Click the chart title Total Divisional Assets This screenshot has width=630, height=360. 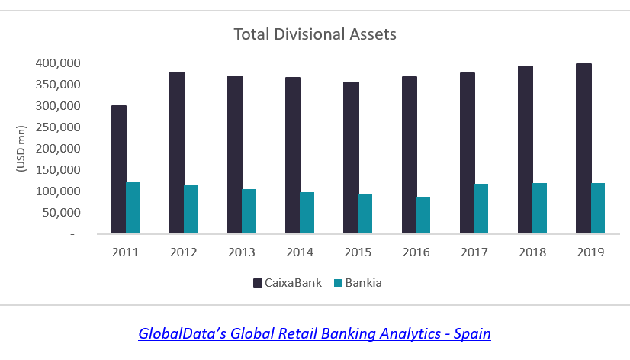314,34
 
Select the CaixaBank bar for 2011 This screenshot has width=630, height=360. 118,169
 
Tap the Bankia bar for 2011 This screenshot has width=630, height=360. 133,207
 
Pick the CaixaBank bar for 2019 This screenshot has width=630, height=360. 583,149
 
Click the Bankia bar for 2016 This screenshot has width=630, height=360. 423,215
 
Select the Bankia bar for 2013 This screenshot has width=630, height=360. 249,211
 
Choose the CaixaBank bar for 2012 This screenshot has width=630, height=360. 176,153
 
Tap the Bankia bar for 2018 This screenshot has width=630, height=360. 540,208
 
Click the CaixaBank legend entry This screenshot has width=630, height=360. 287,283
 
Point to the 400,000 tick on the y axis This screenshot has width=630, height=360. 56,63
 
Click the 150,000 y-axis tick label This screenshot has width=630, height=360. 56,170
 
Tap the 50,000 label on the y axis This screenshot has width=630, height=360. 60,213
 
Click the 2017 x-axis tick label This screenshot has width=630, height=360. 474,252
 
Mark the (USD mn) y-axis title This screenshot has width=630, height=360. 21,148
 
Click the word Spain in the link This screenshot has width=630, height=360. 472,333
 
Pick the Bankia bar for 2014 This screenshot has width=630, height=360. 307,213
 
